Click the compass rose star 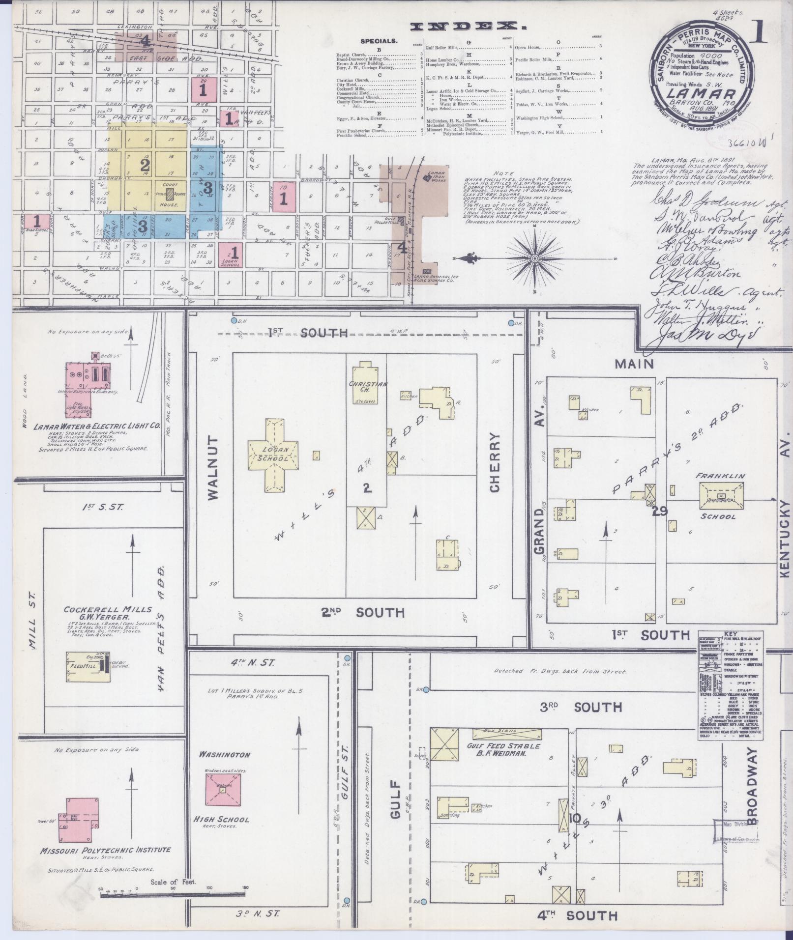coord(534,258)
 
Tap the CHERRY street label coord(494,462)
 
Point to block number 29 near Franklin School coord(659,511)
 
